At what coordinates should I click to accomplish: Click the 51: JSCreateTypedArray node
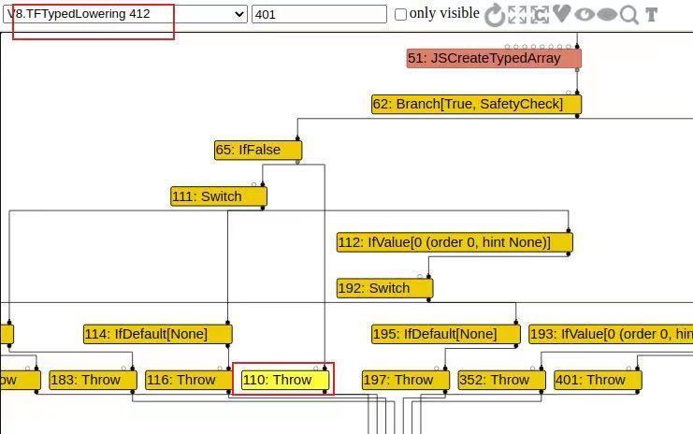(493, 58)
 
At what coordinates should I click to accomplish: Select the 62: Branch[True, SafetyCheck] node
(476, 104)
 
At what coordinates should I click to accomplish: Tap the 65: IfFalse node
(258, 150)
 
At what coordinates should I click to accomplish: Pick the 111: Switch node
(218, 196)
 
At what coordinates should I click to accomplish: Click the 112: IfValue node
(454, 242)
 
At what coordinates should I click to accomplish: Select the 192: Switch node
(384, 288)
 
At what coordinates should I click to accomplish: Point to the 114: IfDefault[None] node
(157, 334)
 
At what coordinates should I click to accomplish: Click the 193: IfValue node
(610, 334)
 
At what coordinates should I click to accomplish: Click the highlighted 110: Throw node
(283, 380)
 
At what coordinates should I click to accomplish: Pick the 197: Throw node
(405, 380)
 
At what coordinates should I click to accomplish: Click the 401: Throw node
(597, 380)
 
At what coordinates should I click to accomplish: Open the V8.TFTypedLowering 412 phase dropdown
(126, 14)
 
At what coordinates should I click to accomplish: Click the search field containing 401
(319, 14)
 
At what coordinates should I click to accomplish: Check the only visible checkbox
(401, 14)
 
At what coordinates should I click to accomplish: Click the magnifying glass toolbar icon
(629, 14)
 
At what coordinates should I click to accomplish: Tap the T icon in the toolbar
(651, 14)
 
